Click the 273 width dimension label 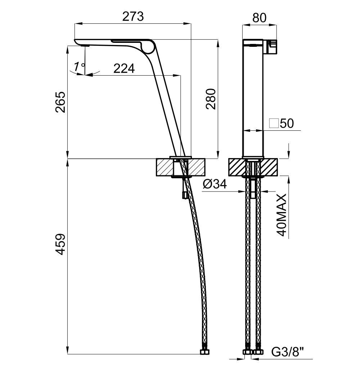click(x=133, y=16)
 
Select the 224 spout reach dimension click(x=124, y=68)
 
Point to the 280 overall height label click(x=211, y=99)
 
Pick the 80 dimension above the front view click(x=260, y=18)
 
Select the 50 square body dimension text click(x=287, y=123)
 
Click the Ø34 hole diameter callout click(x=215, y=184)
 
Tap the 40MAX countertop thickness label click(x=282, y=215)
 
